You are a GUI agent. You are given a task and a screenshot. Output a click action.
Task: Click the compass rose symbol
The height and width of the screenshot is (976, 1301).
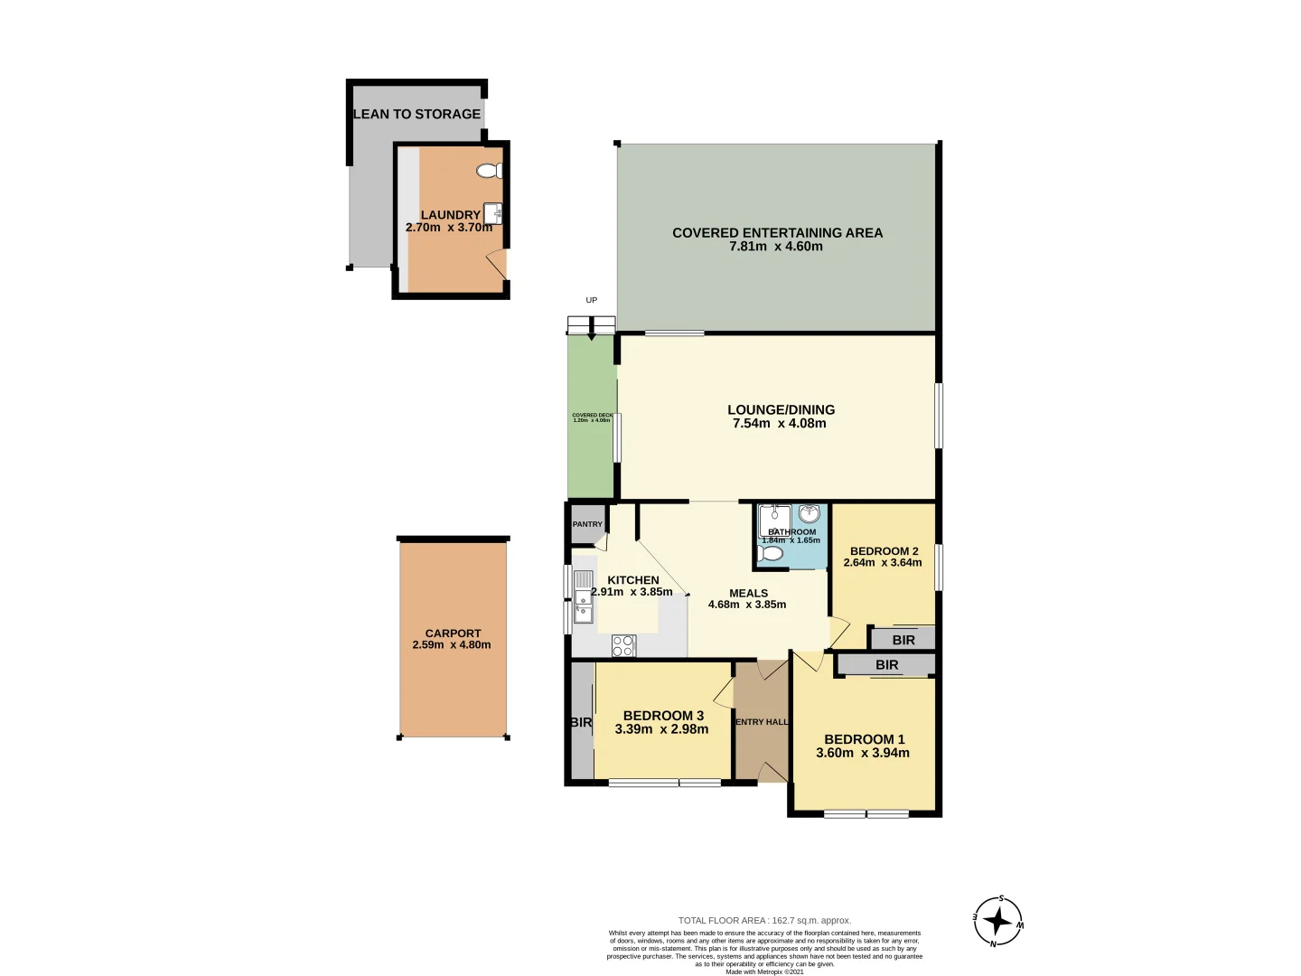click(x=997, y=922)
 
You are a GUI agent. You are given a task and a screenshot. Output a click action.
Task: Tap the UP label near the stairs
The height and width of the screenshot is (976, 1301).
click(x=592, y=300)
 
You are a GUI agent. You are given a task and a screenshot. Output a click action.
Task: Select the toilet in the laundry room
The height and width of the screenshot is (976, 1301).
click(x=490, y=171)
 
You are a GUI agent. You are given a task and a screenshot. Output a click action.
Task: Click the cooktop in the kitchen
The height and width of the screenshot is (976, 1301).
click(x=623, y=645)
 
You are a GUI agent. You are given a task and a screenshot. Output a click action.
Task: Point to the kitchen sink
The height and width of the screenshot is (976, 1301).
click(x=583, y=597)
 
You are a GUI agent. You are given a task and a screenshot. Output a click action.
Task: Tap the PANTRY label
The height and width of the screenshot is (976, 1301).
click(x=587, y=524)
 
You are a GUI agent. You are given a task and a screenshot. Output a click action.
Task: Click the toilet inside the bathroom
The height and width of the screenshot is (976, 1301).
click(x=771, y=553)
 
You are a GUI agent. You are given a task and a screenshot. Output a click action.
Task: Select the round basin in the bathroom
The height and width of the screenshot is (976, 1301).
click(x=810, y=514)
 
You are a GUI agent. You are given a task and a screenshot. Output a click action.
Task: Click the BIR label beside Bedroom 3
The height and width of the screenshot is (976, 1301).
click(x=581, y=722)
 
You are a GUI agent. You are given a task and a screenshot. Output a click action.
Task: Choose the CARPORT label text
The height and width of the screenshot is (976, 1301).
click(x=453, y=633)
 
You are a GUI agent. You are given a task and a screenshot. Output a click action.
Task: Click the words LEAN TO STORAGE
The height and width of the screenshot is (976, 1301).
click(x=417, y=114)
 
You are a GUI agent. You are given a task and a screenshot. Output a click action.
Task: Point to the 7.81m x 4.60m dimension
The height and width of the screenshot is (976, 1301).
click(x=776, y=247)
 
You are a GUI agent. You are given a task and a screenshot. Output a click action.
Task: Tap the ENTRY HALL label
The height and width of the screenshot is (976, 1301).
click(x=762, y=722)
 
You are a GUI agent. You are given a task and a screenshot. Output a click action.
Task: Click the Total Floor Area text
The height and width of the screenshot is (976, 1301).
click(x=764, y=920)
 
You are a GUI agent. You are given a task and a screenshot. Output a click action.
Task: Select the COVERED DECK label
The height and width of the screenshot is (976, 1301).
click(x=592, y=416)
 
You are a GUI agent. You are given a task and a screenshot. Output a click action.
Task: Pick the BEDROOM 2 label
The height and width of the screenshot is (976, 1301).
click(x=884, y=551)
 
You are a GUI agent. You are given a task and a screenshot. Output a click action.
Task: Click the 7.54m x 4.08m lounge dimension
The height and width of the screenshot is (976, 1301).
click(x=779, y=424)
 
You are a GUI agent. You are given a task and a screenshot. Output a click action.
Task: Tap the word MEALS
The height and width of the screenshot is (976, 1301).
click(x=748, y=594)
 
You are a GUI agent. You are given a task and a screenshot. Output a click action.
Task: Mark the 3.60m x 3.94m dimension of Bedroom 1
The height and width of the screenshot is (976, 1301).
click(x=863, y=753)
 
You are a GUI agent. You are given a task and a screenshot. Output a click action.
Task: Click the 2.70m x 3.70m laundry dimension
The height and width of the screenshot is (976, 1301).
click(x=449, y=228)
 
